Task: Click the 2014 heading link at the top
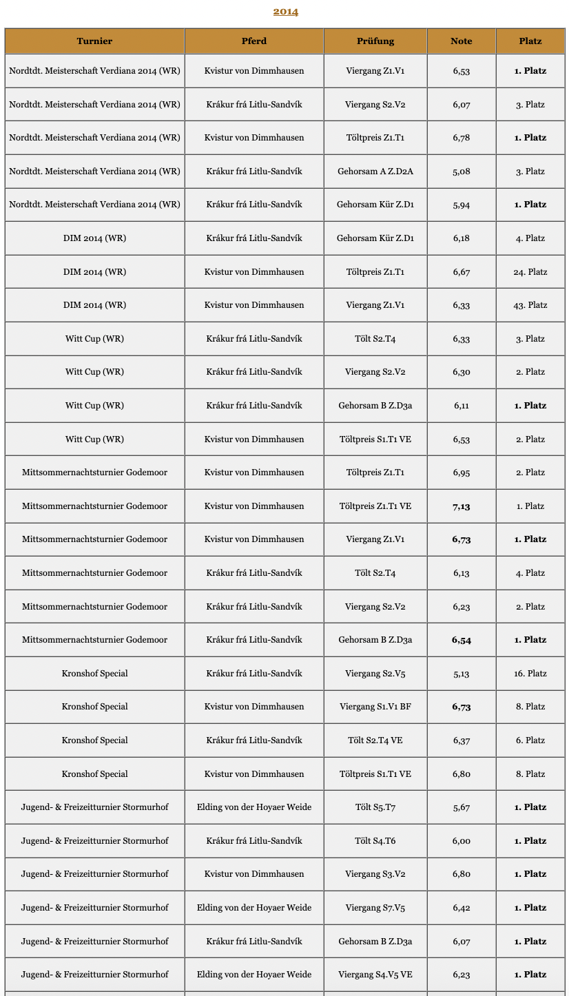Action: [x=285, y=11]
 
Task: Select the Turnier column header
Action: [x=94, y=41]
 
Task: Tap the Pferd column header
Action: [x=254, y=41]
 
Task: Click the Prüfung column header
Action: [x=375, y=41]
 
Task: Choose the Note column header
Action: [x=462, y=41]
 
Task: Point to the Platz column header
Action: [x=530, y=41]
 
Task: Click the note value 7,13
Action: [x=462, y=506]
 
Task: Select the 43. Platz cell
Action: [x=530, y=305]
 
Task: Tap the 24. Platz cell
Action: [x=530, y=272]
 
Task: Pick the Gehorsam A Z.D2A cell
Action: [x=375, y=172]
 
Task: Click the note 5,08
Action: [x=462, y=172]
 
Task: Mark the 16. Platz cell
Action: [x=530, y=674]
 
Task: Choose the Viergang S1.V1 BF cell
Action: [x=375, y=707]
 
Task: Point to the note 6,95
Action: [x=462, y=473]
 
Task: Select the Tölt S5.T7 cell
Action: [x=375, y=807]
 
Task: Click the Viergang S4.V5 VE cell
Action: [x=375, y=975]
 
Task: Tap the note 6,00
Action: [x=462, y=841]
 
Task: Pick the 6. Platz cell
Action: [x=530, y=740]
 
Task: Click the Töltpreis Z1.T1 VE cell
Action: [x=375, y=506]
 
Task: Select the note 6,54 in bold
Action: [x=462, y=640]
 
